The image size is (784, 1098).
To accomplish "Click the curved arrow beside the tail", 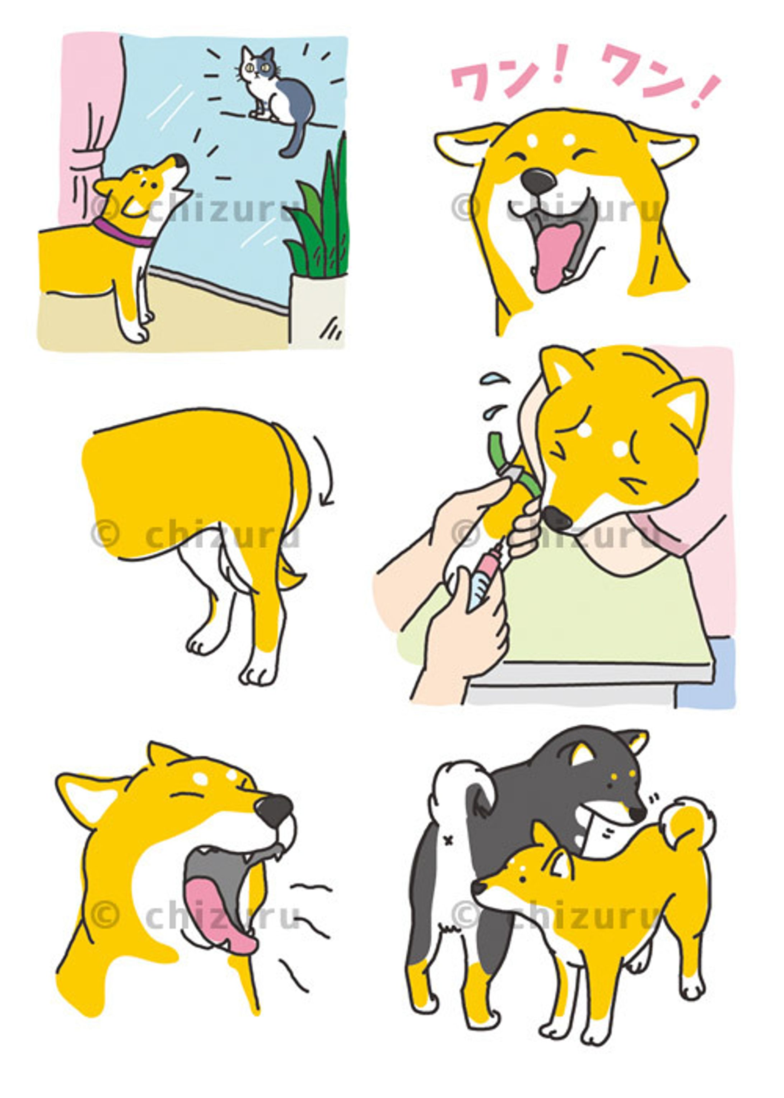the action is click(325, 471).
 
